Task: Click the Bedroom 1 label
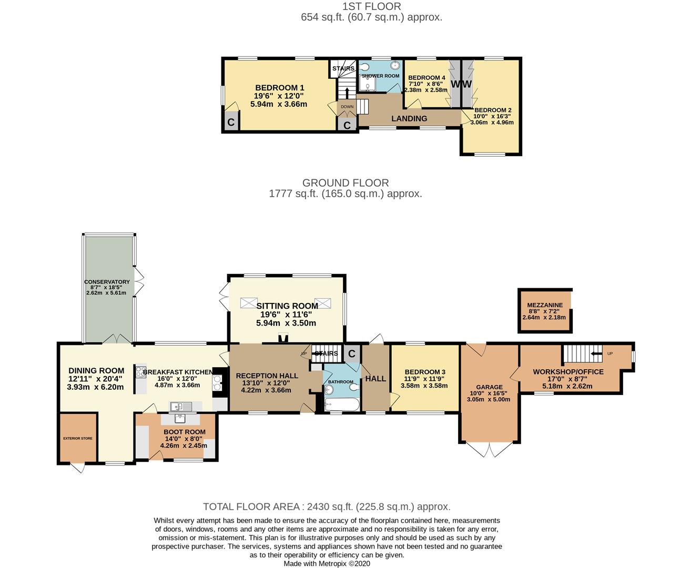coord(279,88)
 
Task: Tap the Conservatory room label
coord(107,282)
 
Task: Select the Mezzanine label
coord(545,305)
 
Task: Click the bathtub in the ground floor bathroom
coord(342,404)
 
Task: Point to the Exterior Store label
coord(78,438)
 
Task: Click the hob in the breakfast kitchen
coord(141,372)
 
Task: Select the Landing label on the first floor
coord(409,118)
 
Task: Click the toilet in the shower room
coord(364,67)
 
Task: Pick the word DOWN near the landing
coord(347,107)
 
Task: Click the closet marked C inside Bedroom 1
coord(231,121)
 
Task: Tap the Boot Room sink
coord(180,419)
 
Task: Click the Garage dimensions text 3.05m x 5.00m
coord(489,399)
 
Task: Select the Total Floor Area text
coord(327,506)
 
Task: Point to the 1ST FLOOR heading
coord(372,6)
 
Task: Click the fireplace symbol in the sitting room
coord(283,338)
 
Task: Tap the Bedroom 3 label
coord(425,372)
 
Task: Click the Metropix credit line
coord(327,563)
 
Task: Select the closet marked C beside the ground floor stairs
coord(352,353)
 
